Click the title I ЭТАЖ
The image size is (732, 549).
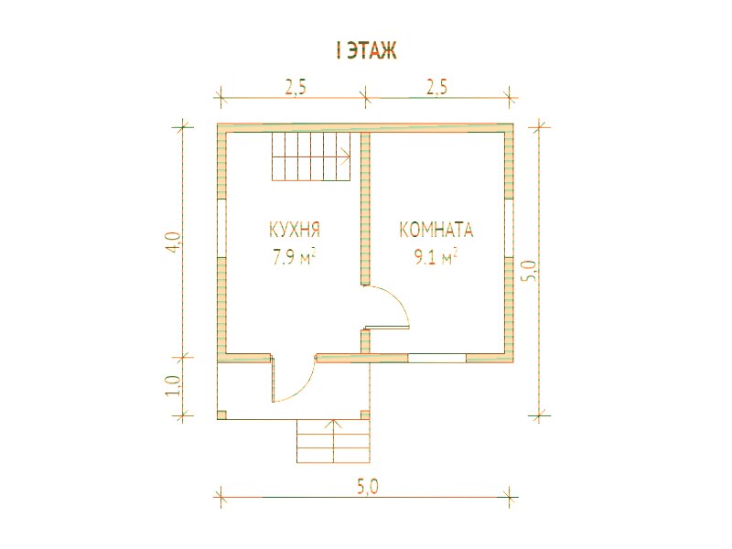click(366, 51)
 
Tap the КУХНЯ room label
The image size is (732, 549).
click(295, 231)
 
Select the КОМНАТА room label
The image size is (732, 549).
click(436, 231)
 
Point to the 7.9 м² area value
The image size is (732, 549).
click(295, 257)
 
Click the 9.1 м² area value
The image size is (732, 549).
click(436, 257)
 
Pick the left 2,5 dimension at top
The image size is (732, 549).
click(296, 87)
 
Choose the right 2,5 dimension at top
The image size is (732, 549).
click(436, 87)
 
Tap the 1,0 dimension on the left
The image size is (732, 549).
click(173, 385)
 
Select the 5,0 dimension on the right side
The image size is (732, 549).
click(533, 271)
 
